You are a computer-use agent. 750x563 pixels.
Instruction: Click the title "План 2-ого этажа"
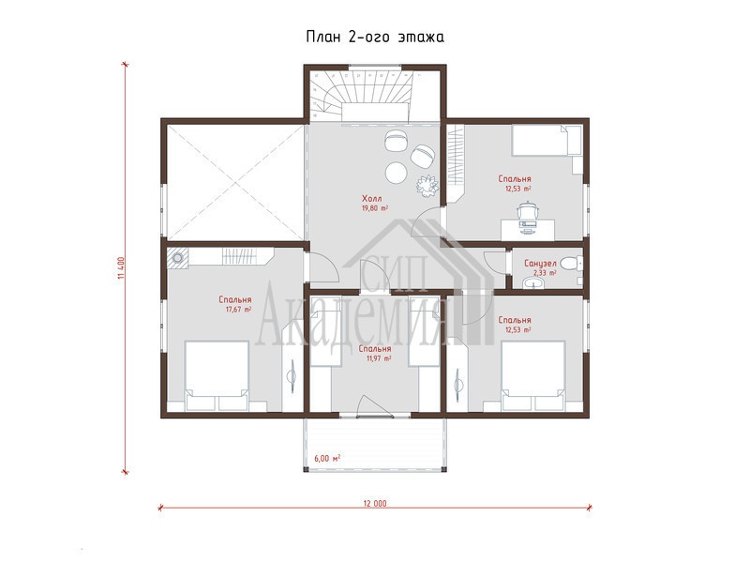pyautogui.click(x=375, y=37)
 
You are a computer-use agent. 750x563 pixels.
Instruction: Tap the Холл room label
pyautogui.click(x=371, y=198)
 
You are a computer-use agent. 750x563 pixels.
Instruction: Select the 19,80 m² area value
pyautogui.click(x=374, y=208)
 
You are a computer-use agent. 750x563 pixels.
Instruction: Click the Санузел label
pyautogui.click(x=540, y=264)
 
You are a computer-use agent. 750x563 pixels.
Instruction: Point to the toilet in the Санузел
pyautogui.click(x=572, y=263)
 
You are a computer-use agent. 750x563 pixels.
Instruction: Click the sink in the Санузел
pyautogui.click(x=532, y=284)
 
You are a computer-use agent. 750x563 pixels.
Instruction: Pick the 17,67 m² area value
pyautogui.click(x=238, y=310)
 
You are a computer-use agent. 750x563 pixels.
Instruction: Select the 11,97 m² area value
pyautogui.click(x=379, y=358)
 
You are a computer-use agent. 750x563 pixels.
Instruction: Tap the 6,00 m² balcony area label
pyautogui.click(x=327, y=458)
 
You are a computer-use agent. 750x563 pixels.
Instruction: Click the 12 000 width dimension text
pyautogui.click(x=375, y=503)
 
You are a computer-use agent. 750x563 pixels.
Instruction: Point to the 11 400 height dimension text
pyautogui.click(x=121, y=269)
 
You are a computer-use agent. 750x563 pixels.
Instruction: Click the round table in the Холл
pyautogui.click(x=397, y=173)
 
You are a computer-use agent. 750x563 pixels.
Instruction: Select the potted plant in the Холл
pyautogui.click(x=427, y=186)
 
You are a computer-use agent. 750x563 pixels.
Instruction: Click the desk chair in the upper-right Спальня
pyautogui.click(x=528, y=214)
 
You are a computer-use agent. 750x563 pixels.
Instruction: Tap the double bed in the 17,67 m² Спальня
pyautogui.click(x=217, y=376)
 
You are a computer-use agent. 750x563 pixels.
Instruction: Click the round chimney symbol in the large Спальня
pyautogui.click(x=177, y=258)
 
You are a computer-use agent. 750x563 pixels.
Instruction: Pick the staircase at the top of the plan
pyautogui.click(x=361, y=95)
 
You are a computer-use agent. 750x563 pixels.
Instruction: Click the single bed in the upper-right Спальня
pyautogui.click(x=547, y=140)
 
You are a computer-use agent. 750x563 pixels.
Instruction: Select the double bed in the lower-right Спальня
pyautogui.click(x=533, y=376)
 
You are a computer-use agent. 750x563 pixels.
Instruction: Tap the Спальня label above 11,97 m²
pyautogui.click(x=375, y=349)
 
